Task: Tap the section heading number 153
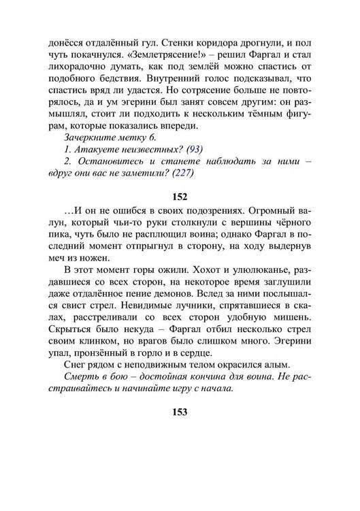coord(180,412)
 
